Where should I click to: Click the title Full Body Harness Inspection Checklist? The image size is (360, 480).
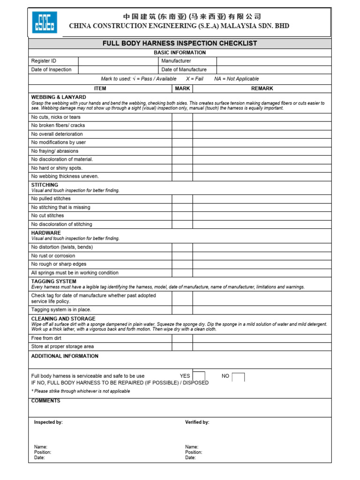180,43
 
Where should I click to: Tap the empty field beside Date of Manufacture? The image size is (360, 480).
274,69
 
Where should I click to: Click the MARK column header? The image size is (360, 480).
182,88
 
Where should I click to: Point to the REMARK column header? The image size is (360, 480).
262,88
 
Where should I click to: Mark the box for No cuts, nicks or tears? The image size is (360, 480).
182,117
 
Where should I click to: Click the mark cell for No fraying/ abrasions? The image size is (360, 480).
182,151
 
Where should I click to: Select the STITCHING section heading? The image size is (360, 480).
45,185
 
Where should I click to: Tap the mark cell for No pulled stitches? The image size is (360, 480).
182,199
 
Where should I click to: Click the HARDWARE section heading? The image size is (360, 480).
46,233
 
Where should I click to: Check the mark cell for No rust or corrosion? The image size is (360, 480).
182,256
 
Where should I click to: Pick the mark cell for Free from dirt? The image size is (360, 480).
182,338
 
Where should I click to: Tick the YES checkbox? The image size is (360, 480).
199,376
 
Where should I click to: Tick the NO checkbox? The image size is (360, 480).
238,377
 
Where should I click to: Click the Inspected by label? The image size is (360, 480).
48,422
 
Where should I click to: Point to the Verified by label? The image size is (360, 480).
197,422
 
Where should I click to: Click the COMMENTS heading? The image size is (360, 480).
45,401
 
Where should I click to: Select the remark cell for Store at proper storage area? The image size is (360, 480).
262,346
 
